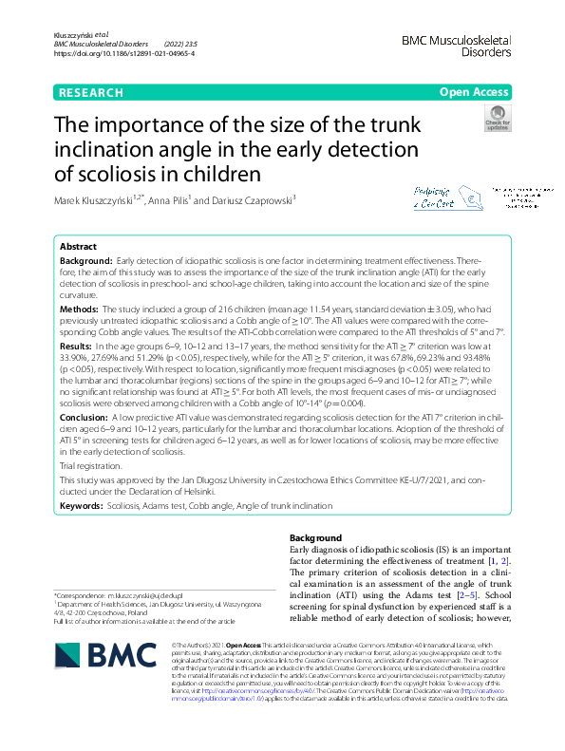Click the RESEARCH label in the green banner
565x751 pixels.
point(91,92)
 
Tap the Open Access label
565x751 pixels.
point(474,92)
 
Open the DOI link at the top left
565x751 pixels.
point(124,55)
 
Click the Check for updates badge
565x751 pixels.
point(496,121)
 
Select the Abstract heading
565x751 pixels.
point(78,245)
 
